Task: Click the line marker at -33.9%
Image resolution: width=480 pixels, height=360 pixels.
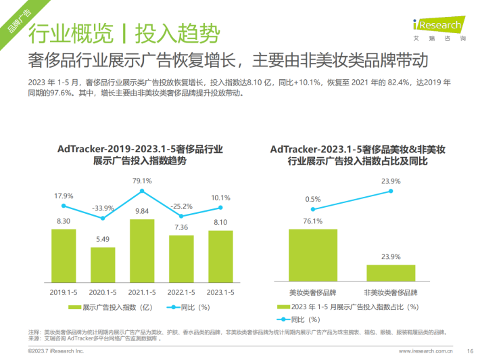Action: click(103, 218)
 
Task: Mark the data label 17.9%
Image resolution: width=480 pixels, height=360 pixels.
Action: click(64, 196)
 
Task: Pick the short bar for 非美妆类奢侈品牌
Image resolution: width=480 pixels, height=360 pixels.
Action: click(391, 273)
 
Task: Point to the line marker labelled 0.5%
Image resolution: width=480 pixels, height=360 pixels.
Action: click(314, 209)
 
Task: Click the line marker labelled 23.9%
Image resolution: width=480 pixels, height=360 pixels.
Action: click(391, 192)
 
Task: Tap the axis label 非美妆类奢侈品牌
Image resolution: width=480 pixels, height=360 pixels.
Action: click(391, 292)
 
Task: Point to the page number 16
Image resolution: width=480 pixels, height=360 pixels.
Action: click(470, 351)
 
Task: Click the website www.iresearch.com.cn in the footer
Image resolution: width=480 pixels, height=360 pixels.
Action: click(425, 351)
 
